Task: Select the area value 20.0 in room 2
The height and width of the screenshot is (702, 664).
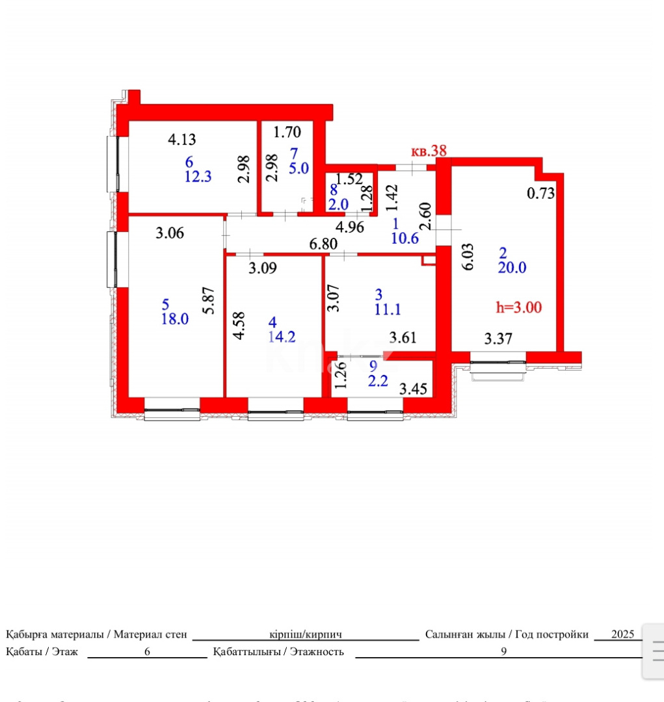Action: click(512, 267)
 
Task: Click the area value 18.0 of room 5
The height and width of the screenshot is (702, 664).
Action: click(175, 318)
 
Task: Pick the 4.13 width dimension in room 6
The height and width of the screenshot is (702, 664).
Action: click(182, 138)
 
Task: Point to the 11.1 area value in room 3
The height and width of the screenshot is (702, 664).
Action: click(388, 309)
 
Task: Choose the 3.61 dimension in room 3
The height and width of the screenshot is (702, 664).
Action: click(403, 337)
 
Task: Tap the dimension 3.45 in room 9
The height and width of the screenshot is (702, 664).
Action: click(412, 390)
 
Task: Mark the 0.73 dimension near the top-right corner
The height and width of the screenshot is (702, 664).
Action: click(540, 193)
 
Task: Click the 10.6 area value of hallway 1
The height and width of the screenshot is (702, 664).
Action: click(405, 238)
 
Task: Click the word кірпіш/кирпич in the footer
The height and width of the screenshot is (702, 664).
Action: click(306, 634)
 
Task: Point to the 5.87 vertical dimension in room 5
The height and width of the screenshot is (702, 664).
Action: click(208, 300)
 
